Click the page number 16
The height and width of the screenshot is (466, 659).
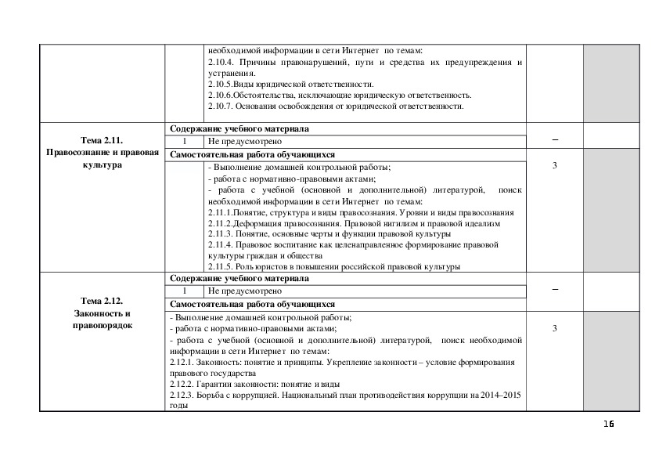(609, 424)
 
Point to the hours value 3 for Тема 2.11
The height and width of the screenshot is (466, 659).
(554, 166)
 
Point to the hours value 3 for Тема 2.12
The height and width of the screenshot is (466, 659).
(554, 328)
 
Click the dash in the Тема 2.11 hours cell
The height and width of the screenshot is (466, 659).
(554, 139)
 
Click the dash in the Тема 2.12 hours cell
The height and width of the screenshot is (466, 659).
(554, 289)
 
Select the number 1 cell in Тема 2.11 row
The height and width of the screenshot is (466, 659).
(185, 142)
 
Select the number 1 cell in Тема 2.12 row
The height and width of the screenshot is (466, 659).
(185, 291)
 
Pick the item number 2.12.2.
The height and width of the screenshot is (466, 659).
(182, 385)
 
